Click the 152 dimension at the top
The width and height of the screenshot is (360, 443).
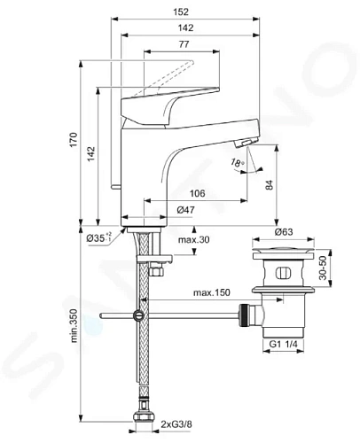[181, 12]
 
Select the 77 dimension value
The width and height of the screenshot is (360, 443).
[184, 44]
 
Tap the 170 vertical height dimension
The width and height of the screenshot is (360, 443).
[74, 140]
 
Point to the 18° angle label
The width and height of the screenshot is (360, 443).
[237, 163]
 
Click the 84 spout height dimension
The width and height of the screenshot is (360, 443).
[270, 185]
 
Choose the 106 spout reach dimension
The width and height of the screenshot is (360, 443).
[197, 193]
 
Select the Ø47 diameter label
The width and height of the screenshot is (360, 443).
[186, 210]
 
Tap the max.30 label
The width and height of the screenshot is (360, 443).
[193, 239]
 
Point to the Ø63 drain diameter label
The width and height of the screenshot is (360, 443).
[284, 232]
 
